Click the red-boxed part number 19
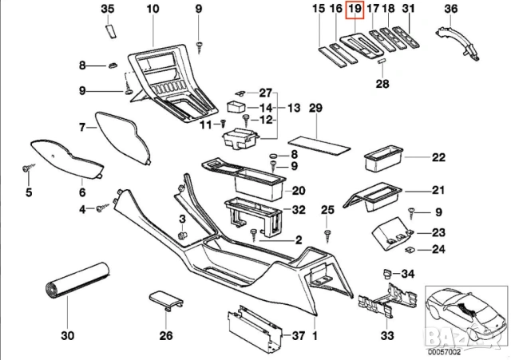point(355,10)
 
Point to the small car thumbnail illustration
point(465,314)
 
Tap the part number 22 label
point(438,157)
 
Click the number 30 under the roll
point(66,335)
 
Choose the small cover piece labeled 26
point(166,302)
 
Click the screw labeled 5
point(29,170)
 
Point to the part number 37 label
point(297,335)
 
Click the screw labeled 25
point(327,233)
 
